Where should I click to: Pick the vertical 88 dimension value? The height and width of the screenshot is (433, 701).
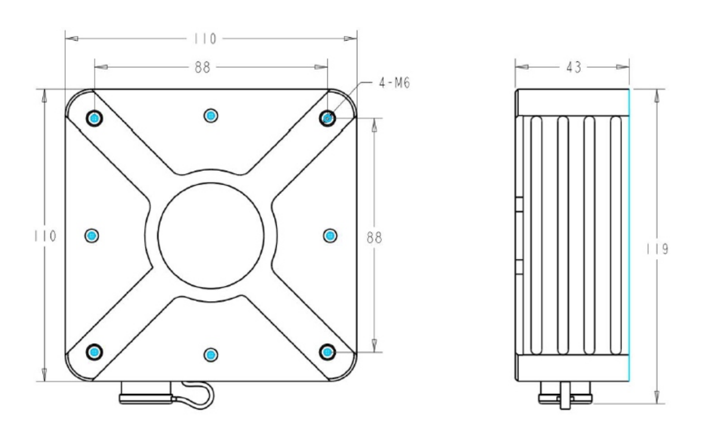374,237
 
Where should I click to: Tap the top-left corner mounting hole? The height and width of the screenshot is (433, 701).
94,118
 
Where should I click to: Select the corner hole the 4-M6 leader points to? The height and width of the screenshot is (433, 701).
328,118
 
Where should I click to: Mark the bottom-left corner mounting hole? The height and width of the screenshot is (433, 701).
94,351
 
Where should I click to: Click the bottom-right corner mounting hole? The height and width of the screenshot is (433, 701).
328,351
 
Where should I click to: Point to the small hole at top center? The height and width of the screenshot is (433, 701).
211,115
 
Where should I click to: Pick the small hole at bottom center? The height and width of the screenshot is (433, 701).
211,354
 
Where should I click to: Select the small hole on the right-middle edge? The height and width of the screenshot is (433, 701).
330,235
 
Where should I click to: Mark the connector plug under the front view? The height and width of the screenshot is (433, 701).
146,393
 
